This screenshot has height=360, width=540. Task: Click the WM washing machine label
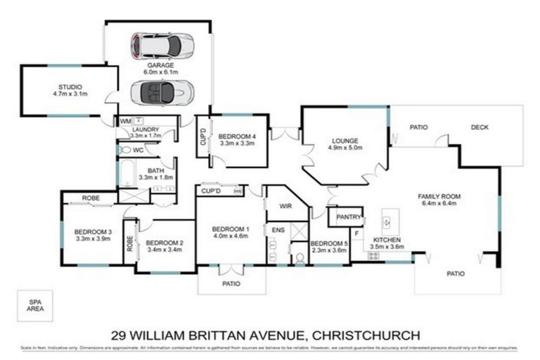click(124, 122)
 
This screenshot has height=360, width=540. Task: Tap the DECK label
click(480, 127)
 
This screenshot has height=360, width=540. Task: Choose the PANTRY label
click(349, 217)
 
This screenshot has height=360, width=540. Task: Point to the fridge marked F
click(357, 232)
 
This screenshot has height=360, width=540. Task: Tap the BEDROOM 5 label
click(330, 243)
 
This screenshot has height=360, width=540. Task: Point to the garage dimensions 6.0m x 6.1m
click(161, 72)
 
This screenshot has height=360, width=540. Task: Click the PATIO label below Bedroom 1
click(231, 283)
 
